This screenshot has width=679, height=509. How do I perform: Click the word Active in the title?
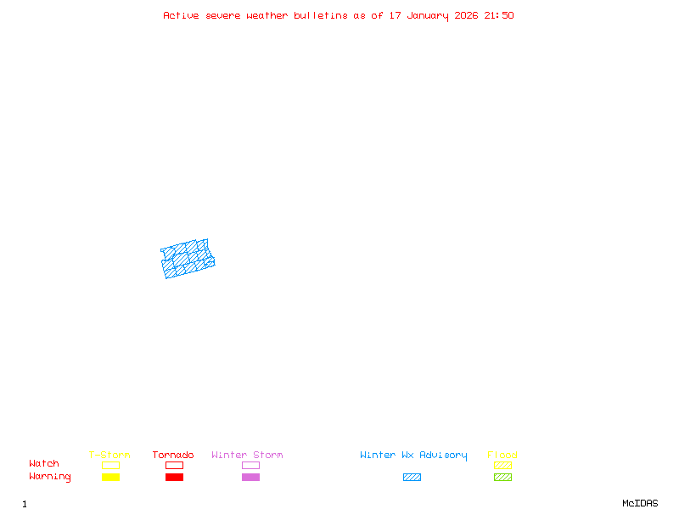(x=182, y=15)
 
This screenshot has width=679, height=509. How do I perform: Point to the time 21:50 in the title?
(x=498, y=15)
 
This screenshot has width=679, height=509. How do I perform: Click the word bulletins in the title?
(x=321, y=15)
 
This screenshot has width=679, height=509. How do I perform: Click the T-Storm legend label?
(x=109, y=456)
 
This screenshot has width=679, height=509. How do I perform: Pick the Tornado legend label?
(x=173, y=456)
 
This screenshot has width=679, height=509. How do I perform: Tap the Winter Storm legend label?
(x=247, y=456)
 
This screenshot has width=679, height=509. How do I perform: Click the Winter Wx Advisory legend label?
(x=413, y=456)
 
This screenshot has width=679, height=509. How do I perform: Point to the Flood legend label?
(x=502, y=456)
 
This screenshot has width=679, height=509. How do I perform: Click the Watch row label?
(x=44, y=464)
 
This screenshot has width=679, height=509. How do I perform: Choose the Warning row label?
(x=50, y=477)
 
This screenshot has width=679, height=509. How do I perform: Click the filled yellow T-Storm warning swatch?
(x=110, y=478)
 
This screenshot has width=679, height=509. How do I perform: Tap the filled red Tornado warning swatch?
(x=174, y=478)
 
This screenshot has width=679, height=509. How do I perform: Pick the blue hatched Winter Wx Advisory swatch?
(x=412, y=478)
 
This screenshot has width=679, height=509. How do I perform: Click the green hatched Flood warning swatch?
(x=502, y=478)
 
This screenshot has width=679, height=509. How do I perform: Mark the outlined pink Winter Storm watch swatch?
(x=250, y=465)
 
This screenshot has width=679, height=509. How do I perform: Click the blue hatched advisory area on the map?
(x=188, y=259)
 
